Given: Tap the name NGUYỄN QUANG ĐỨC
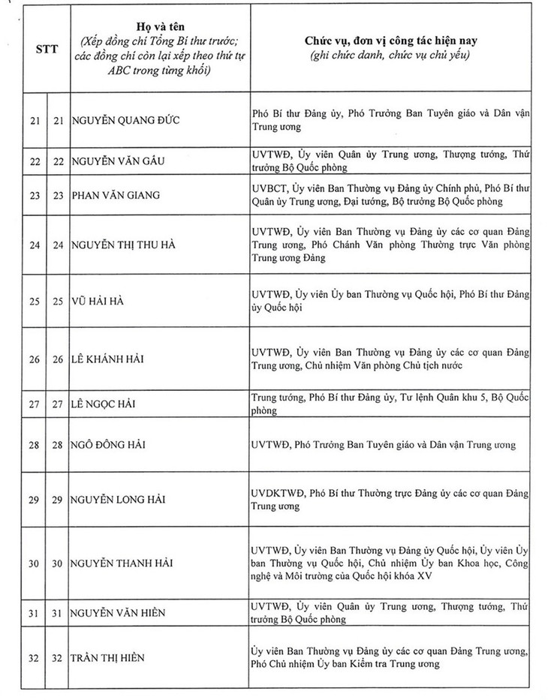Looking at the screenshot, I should (128, 119).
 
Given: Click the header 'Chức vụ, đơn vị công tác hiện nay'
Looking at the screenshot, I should (391, 38).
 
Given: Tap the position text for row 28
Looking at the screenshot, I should (384, 445).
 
